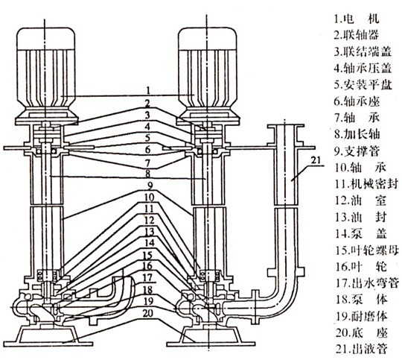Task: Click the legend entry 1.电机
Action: pyautogui.click(x=357, y=19)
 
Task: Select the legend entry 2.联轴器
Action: pyautogui.click(x=357, y=35)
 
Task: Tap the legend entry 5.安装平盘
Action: pyautogui.click(x=363, y=84)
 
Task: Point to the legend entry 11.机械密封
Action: pyautogui.click(x=367, y=184)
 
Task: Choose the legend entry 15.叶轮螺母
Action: pyautogui.click(x=367, y=250)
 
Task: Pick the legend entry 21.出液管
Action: pyautogui.click(x=361, y=349)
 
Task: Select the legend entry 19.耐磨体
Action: pyautogui.click(x=361, y=316)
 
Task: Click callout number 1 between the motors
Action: pyautogui.click(x=148, y=90)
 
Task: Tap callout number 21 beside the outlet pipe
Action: pyautogui.click(x=316, y=160)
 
